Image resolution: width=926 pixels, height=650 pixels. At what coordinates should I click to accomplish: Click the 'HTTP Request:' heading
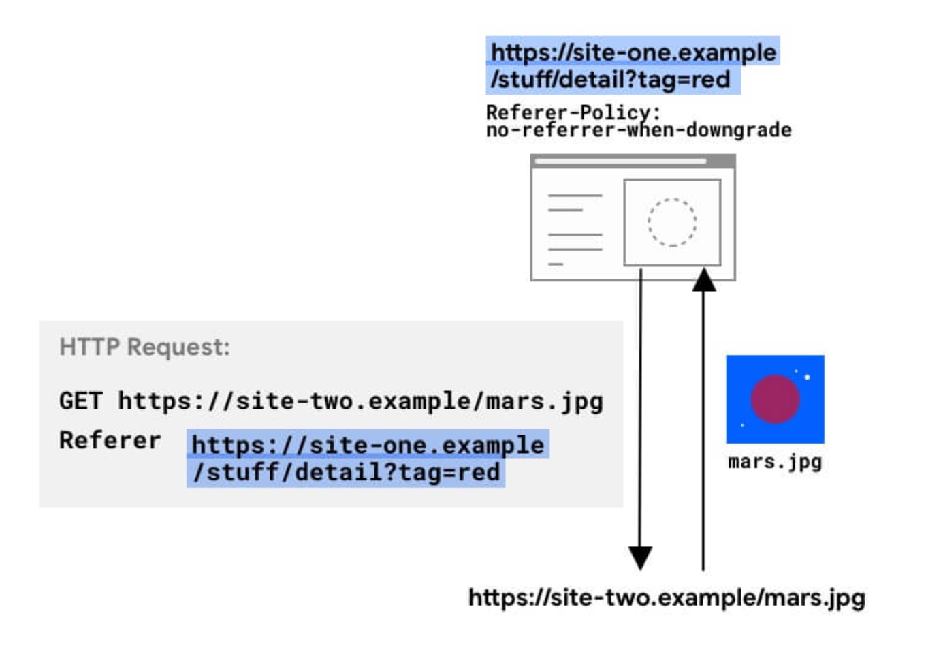point(144,347)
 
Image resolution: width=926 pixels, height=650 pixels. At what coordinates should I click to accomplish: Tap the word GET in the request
point(80,401)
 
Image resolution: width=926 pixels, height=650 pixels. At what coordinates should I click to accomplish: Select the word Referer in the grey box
point(110,440)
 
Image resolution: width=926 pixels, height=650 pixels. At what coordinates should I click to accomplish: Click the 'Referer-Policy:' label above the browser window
point(573,112)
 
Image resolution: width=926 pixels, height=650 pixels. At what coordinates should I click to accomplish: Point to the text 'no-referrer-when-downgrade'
point(638,130)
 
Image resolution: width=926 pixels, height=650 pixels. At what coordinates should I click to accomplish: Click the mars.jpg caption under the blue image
point(775,462)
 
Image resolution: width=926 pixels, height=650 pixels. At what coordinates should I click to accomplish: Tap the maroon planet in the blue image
point(775,399)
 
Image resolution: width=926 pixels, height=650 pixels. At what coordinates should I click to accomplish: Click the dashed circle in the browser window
point(672,222)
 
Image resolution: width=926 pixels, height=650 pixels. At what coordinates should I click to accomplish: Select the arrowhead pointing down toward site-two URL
point(640,557)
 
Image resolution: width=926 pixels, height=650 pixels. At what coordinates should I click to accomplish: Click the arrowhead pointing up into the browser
point(704,280)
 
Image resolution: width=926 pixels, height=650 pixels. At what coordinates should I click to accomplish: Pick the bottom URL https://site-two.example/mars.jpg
point(667,598)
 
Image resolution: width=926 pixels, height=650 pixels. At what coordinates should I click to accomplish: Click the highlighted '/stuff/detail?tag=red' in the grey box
point(347,472)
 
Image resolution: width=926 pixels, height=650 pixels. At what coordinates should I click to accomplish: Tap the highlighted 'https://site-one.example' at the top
point(633,52)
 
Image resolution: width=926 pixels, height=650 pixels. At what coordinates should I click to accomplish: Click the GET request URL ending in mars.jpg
point(361,401)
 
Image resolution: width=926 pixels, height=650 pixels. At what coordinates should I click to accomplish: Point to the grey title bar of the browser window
point(633,161)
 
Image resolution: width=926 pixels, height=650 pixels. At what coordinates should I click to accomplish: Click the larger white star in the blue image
point(808,377)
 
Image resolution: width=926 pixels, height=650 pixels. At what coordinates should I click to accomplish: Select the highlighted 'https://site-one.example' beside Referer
point(368,445)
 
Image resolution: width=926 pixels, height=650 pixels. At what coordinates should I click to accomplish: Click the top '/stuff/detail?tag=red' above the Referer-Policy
point(611,80)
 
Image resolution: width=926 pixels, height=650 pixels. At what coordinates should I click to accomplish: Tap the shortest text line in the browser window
point(556,264)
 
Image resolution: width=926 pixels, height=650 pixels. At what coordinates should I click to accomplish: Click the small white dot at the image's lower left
point(742,425)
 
